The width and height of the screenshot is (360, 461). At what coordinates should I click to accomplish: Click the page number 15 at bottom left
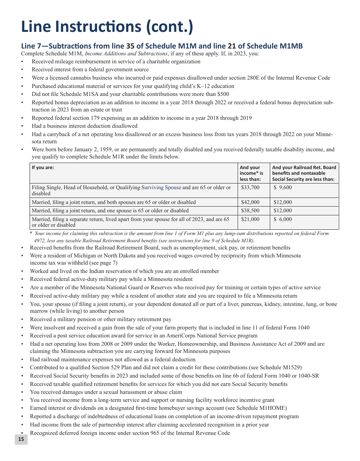pos(21,439)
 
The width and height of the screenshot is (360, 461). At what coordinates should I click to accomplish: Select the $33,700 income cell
pos(250,187)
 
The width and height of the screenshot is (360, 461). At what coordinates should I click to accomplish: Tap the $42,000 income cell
pos(250,202)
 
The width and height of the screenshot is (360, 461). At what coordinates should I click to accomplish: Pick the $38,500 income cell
pos(250,211)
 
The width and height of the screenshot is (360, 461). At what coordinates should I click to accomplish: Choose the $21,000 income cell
pos(250,220)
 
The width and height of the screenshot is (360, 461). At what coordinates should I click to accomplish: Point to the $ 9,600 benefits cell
pos(283,187)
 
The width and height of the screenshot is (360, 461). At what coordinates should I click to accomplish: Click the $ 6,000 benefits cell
pos(283,220)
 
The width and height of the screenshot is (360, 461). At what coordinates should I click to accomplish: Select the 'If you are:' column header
pos(43,168)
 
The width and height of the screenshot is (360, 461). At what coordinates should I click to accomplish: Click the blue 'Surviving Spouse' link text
pos(161,187)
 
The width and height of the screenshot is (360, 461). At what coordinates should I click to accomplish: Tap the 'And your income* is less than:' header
pos(251,173)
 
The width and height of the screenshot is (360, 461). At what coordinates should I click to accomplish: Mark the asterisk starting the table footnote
pos(31,234)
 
